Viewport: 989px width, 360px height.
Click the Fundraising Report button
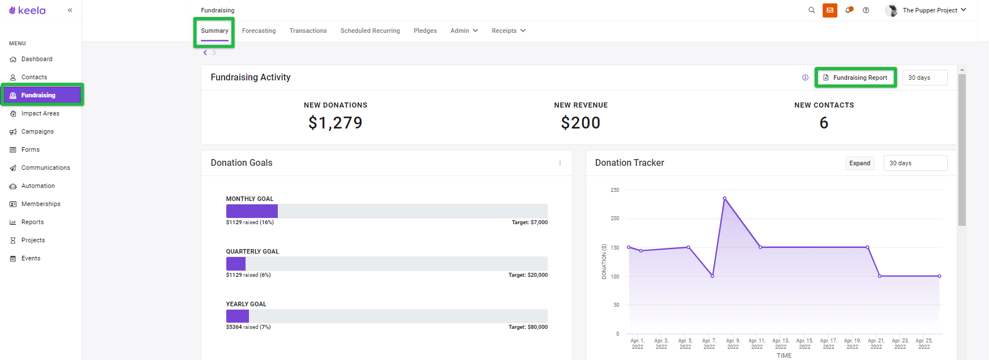[855, 78]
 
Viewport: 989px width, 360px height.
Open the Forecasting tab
[259, 31]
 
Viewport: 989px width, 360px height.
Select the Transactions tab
[308, 31]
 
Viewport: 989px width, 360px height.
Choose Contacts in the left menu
[34, 77]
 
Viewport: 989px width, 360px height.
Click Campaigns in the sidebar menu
[37, 131]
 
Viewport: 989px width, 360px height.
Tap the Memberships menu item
[41, 204]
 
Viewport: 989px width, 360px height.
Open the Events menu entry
[31, 258]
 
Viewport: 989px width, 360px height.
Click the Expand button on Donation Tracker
[859, 163]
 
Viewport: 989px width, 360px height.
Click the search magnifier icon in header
[811, 10]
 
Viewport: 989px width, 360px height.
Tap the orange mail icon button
[830, 10]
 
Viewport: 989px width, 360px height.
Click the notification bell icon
[848, 10]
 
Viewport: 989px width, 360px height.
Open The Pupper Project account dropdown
[926, 10]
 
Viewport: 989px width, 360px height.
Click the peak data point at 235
[724, 198]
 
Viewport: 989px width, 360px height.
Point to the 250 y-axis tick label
[615, 190]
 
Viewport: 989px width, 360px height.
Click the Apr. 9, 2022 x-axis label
[733, 344]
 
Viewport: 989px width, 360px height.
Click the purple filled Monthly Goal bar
[252, 211]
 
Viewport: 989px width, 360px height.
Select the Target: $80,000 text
[528, 327]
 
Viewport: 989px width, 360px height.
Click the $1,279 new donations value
[336, 123]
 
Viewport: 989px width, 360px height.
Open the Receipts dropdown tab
[509, 31]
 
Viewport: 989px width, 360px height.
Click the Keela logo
[27, 10]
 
